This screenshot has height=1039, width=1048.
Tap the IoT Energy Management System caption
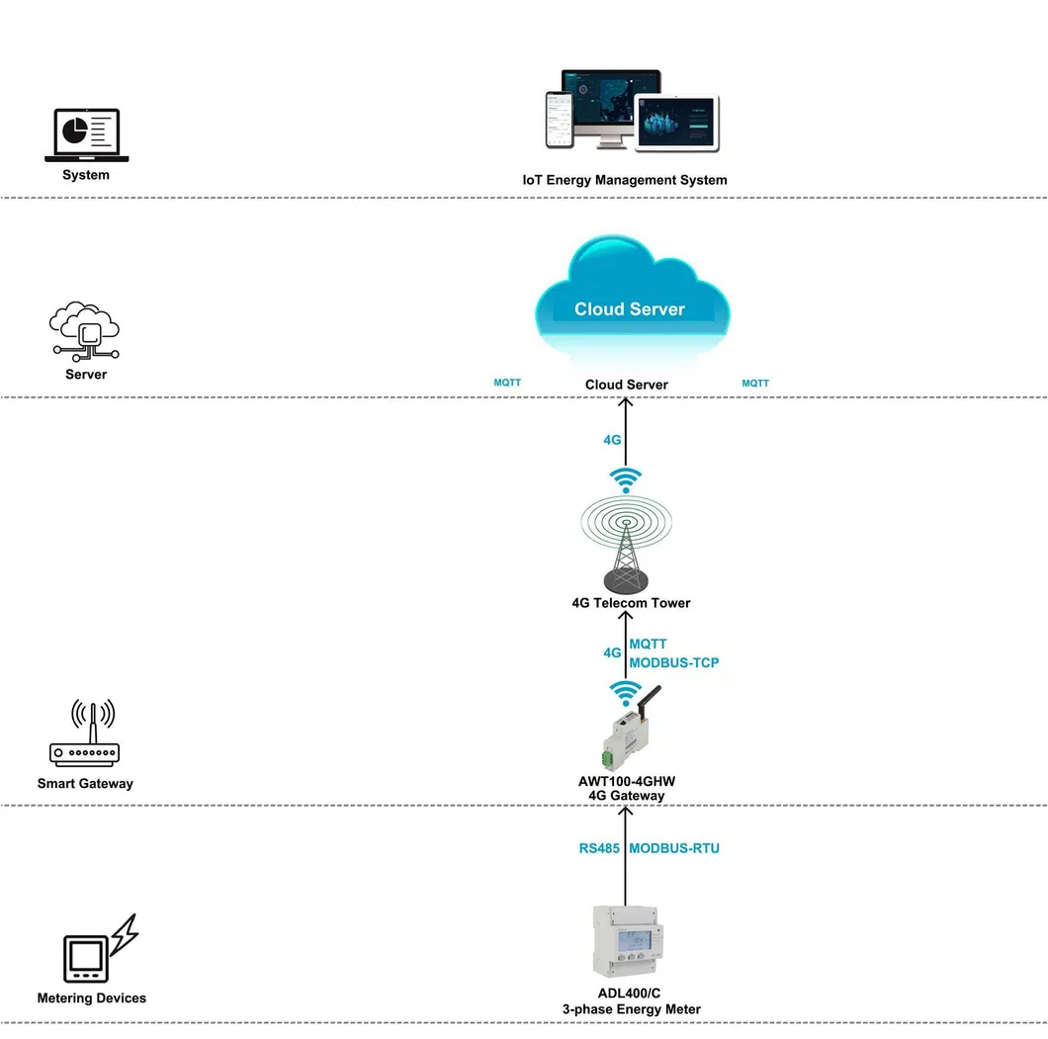tap(624, 180)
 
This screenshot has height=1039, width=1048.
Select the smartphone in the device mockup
tap(559, 120)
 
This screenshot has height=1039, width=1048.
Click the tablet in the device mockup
tap(677, 124)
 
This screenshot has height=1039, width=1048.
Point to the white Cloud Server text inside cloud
tap(629, 309)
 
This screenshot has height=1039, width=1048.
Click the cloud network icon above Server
tap(85, 331)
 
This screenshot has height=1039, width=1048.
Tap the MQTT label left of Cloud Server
tap(507, 383)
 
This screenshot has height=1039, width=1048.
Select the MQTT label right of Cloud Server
tap(755, 383)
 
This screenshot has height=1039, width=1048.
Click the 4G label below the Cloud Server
tap(612, 438)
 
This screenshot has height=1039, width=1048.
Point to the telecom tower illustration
tap(625, 544)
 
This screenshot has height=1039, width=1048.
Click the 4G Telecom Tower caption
tap(631, 603)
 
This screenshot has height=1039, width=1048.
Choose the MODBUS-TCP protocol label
tap(674, 662)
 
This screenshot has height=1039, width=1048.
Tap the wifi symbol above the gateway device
tap(625, 690)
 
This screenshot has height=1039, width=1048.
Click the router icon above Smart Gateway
tap(85, 736)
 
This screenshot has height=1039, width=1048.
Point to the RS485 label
tap(599, 848)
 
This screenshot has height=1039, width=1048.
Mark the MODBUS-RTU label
tap(674, 848)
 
